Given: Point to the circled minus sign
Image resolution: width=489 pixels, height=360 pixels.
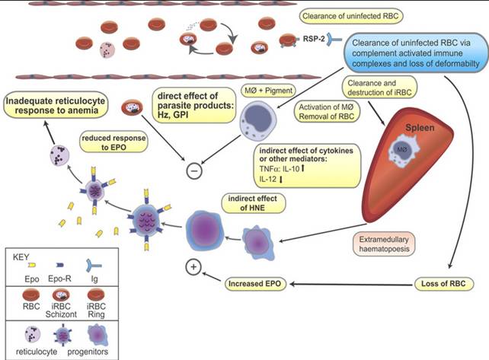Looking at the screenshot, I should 194,170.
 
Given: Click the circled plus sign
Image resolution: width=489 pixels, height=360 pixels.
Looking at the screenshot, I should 194,269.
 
